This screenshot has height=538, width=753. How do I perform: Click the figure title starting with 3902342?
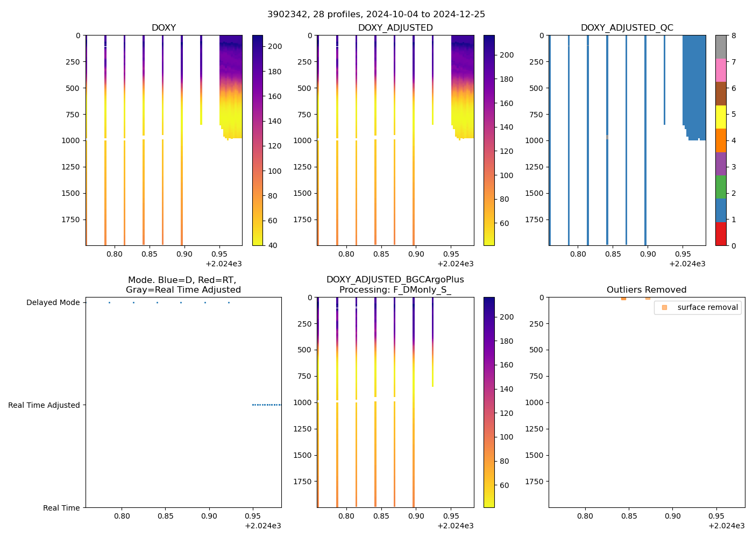[x=376, y=15]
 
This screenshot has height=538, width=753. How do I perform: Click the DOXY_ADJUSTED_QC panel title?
[x=627, y=28]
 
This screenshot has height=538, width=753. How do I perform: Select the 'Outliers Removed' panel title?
[x=647, y=290]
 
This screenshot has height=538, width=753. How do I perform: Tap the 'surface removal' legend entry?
[x=707, y=307]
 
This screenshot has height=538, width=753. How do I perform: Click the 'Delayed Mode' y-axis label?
[x=53, y=303]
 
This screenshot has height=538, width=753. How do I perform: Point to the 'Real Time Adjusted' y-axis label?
[x=44, y=405]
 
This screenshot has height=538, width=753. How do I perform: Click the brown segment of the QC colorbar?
[x=721, y=94]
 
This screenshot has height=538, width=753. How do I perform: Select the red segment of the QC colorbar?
[x=721, y=234]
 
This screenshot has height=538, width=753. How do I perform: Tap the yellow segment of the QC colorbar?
[x=721, y=117]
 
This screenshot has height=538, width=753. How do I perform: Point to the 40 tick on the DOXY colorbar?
[x=273, y=245]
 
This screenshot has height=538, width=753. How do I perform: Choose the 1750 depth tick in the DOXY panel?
[x=70, y=220]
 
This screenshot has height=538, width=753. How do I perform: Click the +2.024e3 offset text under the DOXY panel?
[x=223, y=264]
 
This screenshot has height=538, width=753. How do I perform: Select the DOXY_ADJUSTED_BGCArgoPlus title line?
[x=395, y=280]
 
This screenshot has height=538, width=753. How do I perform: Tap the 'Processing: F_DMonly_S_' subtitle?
[x=395, y=290]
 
